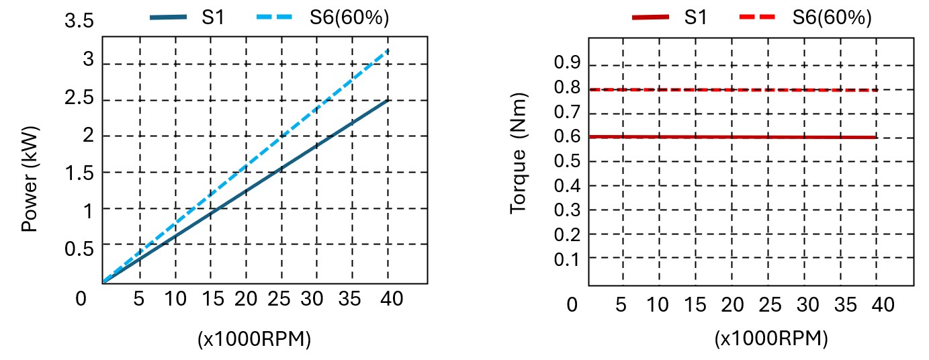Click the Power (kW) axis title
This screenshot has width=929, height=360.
point(30,179)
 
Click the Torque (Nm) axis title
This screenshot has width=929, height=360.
point(517,154)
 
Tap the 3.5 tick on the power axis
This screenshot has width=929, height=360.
point(79,21)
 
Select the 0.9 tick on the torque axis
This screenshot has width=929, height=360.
point(566,64)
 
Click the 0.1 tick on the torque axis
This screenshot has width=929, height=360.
point(566,258)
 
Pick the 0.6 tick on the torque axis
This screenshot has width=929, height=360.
point(566,136)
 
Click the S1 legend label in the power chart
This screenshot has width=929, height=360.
point(213,18)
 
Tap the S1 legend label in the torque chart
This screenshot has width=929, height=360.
point(695,18)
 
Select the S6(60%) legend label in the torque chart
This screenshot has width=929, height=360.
point(832,18)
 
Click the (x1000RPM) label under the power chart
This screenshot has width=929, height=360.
point(255,340)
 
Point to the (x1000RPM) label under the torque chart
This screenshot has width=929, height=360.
point(770,339)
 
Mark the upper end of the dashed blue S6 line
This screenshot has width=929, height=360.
point(388,50)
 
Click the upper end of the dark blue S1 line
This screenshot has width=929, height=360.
point(388,101)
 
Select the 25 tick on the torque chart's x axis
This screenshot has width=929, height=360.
point(770,305)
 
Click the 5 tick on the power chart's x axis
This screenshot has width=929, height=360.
point(139,298)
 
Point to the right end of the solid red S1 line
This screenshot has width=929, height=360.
point(876,137)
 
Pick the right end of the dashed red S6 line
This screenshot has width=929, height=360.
point(876,90)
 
